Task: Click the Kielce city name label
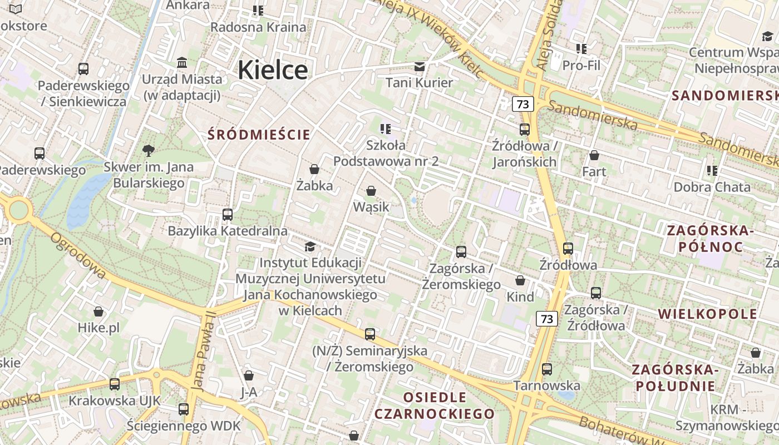(273, 70)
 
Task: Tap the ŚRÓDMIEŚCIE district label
(259, 135)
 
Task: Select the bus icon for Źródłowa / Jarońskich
(524, 130)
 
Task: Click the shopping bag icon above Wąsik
(371, 191)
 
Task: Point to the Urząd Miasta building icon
(182, 62)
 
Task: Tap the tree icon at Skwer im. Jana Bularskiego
(149, 150)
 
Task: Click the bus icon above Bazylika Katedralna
(228, 215)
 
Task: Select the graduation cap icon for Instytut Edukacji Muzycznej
(310, 246)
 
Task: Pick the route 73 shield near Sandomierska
(522, 104)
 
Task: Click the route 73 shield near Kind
(547, 319)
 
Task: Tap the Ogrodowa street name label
(78, 255)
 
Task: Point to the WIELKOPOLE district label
(708, 314)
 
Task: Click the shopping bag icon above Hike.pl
(98, 311)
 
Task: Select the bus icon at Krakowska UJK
(115, 384)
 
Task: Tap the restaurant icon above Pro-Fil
(581, 49)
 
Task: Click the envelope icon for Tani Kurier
(420, 67)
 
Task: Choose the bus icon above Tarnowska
(547, 369)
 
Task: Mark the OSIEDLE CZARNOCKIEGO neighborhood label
(435, 406)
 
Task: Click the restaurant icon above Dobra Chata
(712, 170)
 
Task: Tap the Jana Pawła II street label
(203, 350)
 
